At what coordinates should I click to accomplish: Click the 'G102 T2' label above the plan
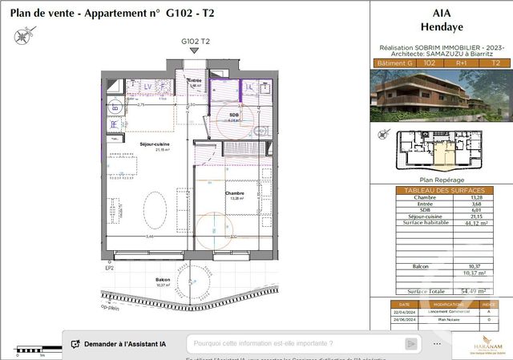tap(196, 40)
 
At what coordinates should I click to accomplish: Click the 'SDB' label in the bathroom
tap(234, 115)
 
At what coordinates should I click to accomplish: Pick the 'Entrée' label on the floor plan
tap(195, 81)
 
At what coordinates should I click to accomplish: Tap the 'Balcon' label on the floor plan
tap(163, 280)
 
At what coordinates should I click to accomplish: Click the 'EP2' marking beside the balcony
tap(109, 269)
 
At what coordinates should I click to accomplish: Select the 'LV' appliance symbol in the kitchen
tap(147, 86)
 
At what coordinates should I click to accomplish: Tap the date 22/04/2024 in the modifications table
tap(405, 313)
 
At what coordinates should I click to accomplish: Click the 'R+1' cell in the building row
tap(463, 63)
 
